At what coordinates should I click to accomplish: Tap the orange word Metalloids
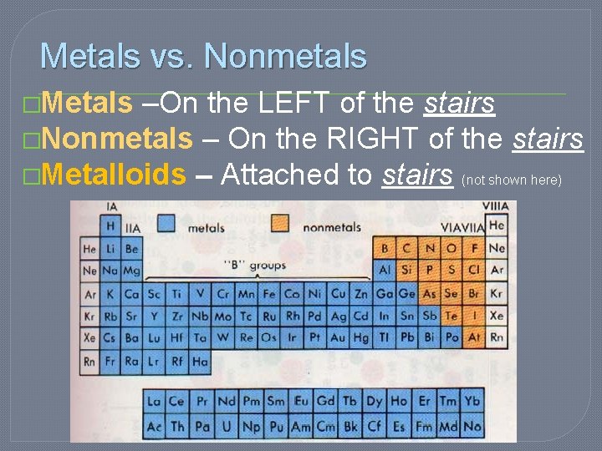[113, 175]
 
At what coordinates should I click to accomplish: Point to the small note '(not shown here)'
[512, 180]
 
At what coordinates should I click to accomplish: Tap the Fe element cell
[268, 294]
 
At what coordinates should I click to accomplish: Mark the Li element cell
[110, 249]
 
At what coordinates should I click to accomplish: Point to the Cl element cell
[474, 271]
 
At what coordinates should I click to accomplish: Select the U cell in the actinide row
[225, 426]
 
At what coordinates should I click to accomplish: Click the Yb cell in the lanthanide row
[472, 402]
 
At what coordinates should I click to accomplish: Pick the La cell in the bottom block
[154, 402]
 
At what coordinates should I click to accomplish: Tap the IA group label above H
[110, 206]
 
